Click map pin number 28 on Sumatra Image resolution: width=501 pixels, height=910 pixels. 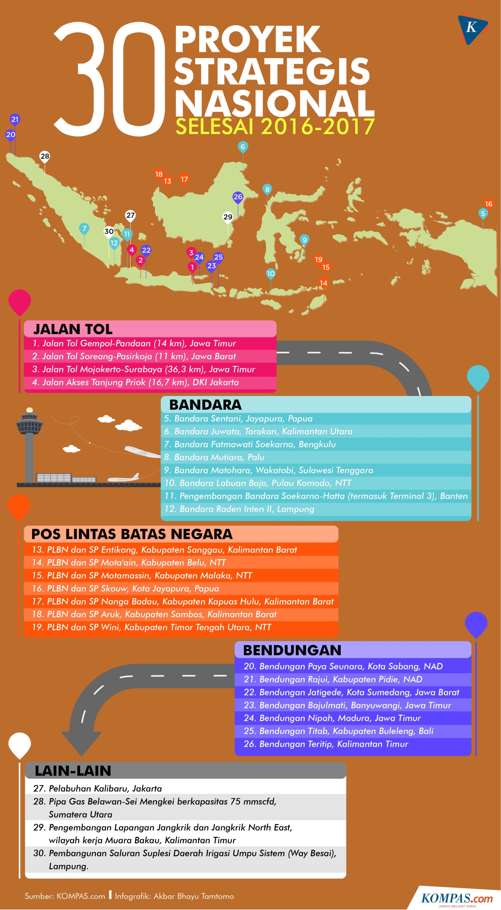(45, 156)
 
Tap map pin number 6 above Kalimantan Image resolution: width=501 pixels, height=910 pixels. (243, 147)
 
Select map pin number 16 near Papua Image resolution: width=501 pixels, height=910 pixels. (489, 204)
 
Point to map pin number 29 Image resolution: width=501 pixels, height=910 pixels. (228, 217)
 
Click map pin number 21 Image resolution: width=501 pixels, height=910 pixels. (15, 119)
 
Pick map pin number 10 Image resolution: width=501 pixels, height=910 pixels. (271, 273)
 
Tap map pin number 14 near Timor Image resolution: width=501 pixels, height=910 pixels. (323, 283)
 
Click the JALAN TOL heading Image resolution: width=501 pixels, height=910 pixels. (73, 329)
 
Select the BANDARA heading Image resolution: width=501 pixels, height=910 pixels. (205, 405)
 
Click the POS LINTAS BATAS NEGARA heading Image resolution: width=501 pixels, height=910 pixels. (132, 534)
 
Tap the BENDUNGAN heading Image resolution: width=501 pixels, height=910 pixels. (292, 650)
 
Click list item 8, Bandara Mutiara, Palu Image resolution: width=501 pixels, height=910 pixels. (214, 457)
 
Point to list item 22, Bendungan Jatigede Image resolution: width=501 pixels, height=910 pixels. (351, 692)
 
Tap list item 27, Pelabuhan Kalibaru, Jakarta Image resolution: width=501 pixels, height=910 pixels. (98, 788)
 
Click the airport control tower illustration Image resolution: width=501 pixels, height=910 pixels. (29, 444)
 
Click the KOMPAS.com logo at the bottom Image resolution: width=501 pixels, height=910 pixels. (457, 899)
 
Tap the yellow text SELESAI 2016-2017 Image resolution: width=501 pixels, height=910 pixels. (275, 127)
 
